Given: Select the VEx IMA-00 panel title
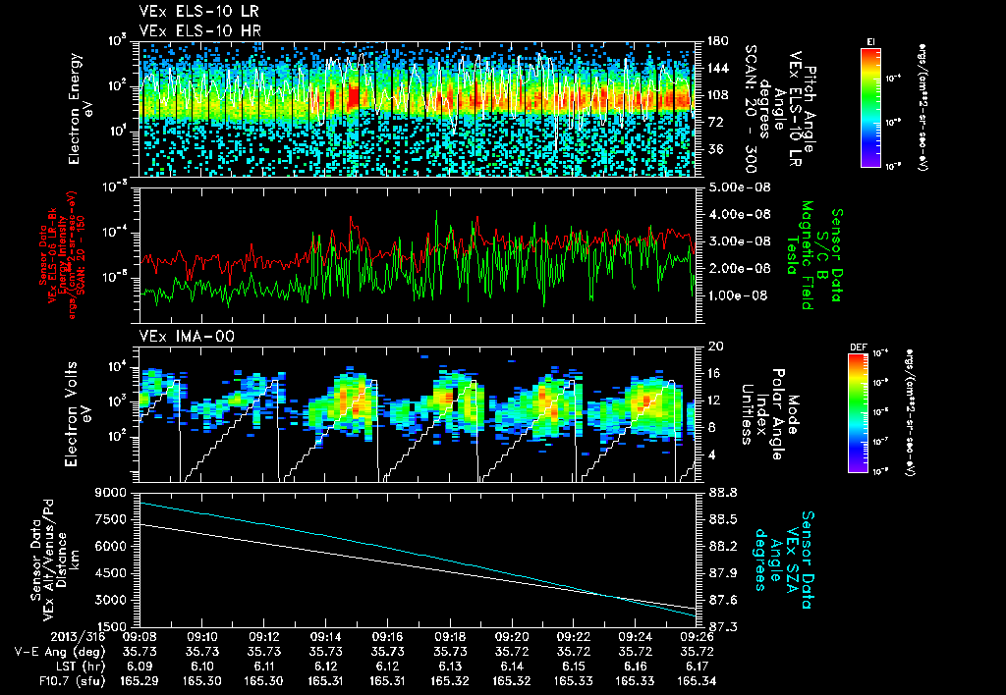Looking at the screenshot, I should click(x=178, y=336).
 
